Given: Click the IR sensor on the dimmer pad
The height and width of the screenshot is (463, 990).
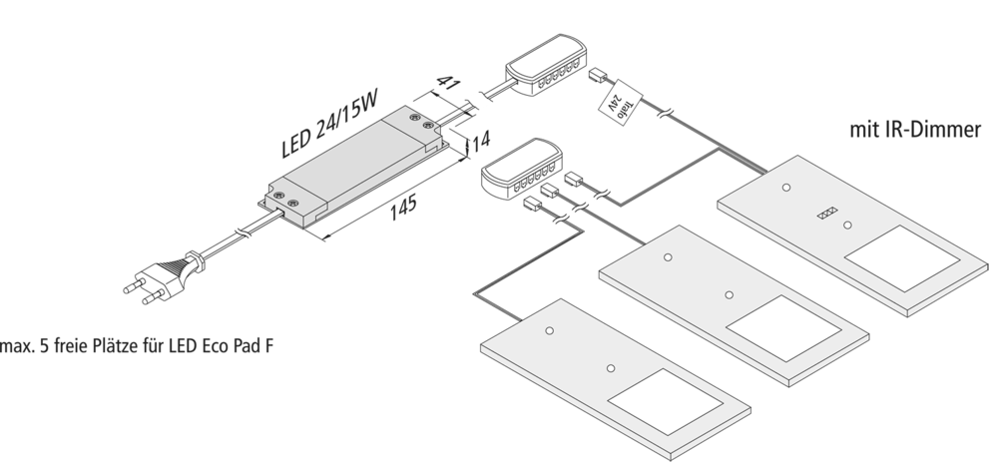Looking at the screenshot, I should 825,213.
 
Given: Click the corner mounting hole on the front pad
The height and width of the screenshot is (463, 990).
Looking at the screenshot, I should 549,328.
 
